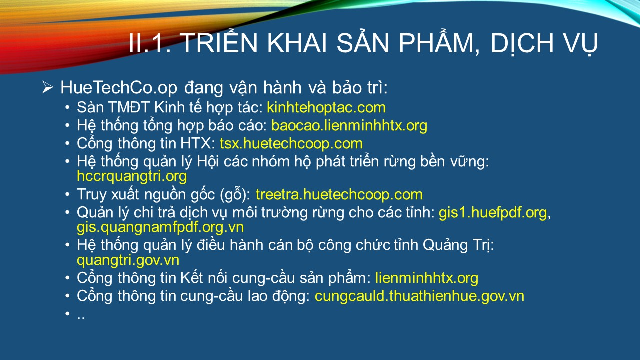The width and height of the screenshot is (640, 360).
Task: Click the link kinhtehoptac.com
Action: [x=326, y=108]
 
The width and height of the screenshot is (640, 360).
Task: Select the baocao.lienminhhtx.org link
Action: [x=349, y=126]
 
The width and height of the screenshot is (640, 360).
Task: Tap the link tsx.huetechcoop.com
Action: [x=291, y=143]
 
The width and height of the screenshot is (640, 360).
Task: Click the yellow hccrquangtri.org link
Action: [x=132, y=176]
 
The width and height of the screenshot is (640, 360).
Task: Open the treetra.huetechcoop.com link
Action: [x=339, y=195]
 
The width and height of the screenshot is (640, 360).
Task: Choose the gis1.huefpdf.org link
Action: [x=493, y=213]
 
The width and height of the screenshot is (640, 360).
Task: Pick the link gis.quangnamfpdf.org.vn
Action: [x=160, y=227]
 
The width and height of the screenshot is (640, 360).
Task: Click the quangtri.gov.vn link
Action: [x=128, y=260]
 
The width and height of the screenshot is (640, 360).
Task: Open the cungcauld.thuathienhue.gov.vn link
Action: [x=419, y=296]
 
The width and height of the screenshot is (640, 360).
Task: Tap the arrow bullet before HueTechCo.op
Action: [x=47, y=87]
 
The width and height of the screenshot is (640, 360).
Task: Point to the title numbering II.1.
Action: [x=150, y=43]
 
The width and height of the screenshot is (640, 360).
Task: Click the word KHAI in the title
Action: [x=297, y=43]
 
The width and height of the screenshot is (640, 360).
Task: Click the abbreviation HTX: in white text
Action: [x=198, y=143]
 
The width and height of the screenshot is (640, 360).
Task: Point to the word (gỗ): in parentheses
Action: [x=235, y=195]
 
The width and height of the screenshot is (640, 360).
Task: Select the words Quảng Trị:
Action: [x=458, y=245]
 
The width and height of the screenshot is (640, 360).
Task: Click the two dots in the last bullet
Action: [x=81, y=317]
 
